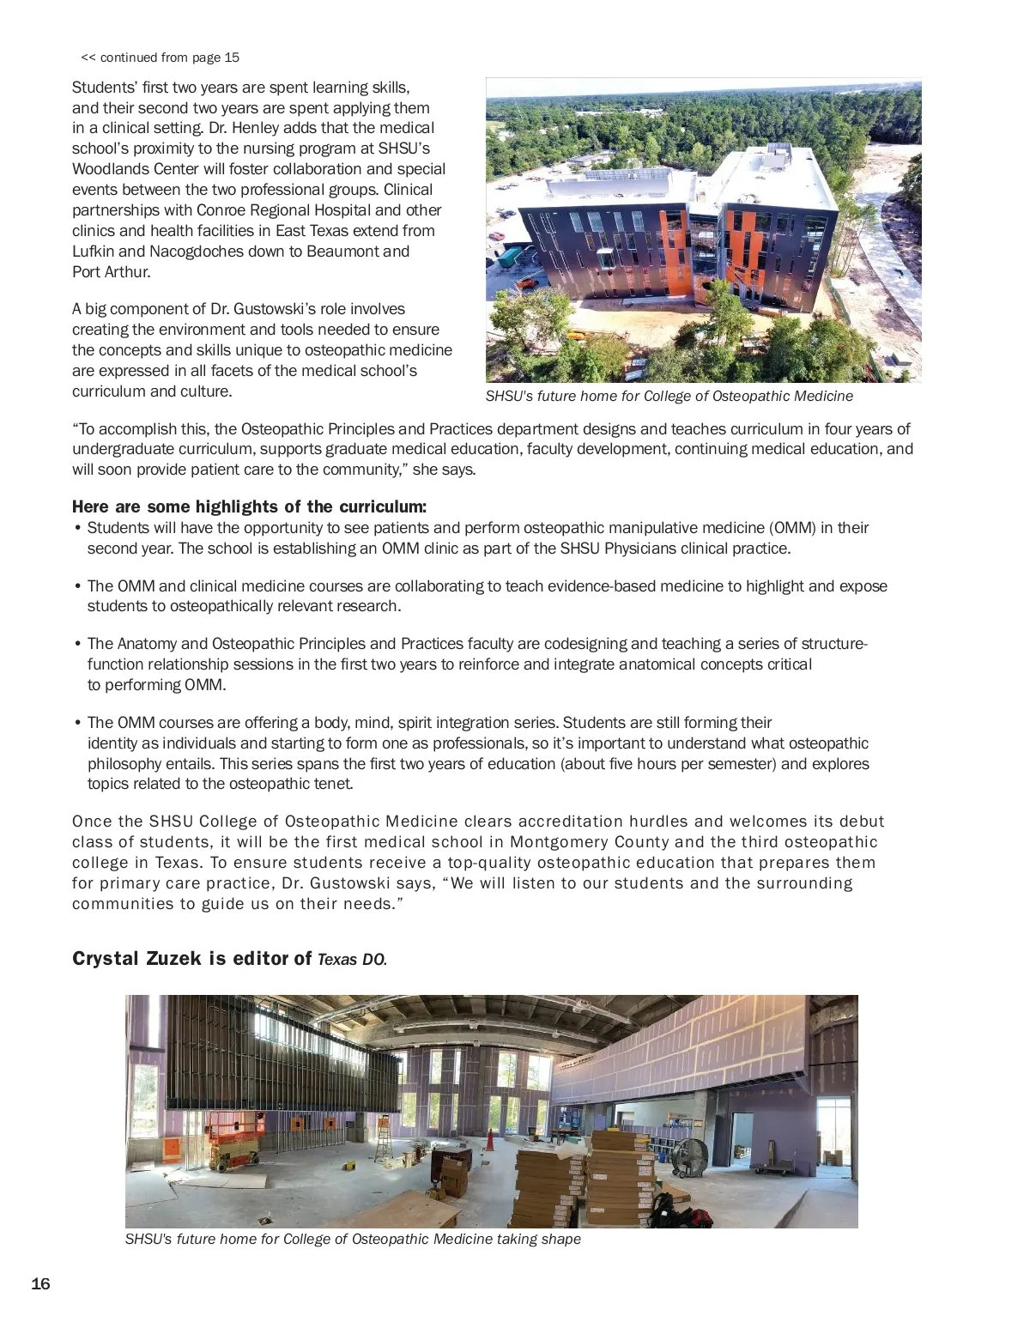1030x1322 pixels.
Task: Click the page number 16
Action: point(40,1284)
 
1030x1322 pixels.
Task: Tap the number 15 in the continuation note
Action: point(232,58)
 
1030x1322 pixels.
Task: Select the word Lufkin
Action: point(94,252)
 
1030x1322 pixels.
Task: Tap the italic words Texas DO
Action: point(352,960)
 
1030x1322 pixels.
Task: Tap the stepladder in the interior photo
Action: point(383,1142)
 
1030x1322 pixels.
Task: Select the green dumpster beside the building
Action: point(510,257)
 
